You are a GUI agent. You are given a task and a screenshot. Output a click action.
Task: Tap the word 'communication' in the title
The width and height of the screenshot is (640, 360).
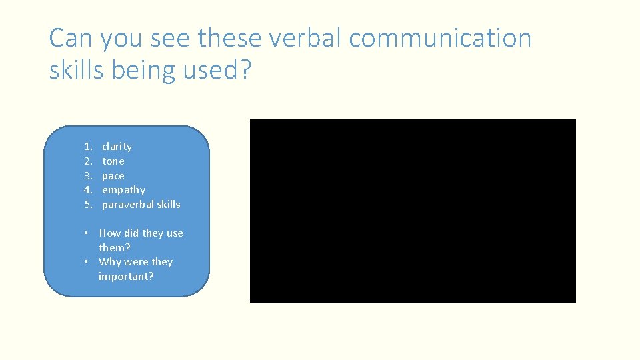click(440, 38)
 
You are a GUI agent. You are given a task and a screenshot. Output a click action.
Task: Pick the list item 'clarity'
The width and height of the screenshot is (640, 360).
click(117, 147)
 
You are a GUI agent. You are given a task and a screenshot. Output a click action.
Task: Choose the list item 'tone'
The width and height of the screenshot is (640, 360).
click(113, 161)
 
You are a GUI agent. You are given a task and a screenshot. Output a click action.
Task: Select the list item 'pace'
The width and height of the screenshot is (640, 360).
click(113, 176)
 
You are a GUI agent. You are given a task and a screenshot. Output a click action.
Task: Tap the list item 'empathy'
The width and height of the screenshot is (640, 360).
click(123, 190)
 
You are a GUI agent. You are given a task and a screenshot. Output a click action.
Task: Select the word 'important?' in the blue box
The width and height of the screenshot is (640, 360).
click(126, 276)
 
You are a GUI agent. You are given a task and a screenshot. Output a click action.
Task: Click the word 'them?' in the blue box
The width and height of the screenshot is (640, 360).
click(115, 247)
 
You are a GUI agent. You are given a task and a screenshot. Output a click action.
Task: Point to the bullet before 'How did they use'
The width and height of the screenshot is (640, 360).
click(87, 233)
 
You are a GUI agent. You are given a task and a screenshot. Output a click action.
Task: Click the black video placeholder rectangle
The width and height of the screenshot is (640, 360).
click(413, 211)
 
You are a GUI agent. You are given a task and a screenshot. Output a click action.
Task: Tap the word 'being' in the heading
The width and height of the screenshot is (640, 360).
click(143, 69)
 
